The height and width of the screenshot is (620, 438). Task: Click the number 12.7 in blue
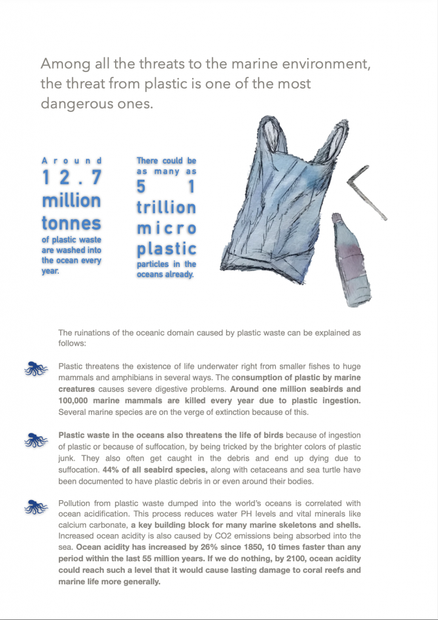click(71, 178)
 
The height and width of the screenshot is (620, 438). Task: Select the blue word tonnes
click(71, 223)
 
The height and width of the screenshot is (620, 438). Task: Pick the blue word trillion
click(166, 207)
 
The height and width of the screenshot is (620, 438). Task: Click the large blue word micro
click(166, 228)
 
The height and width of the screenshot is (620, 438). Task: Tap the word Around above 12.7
click(71, 160)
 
